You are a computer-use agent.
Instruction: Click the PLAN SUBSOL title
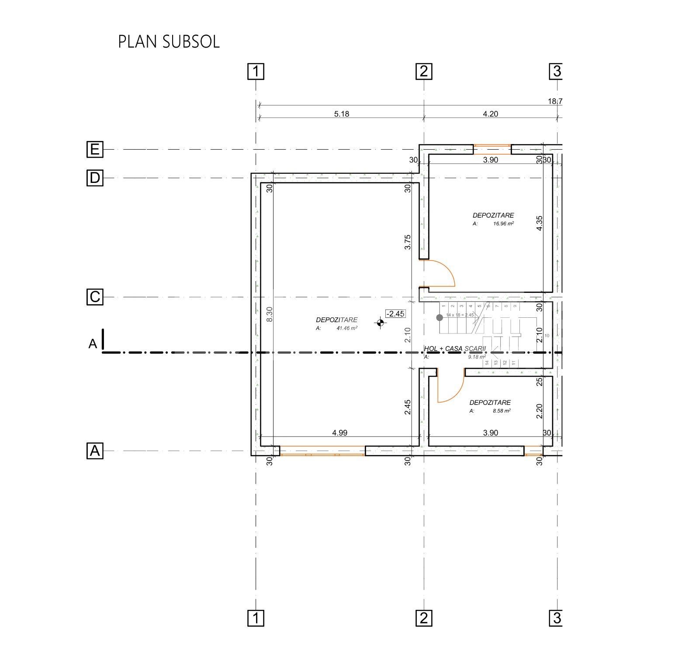click(x=169, y=42)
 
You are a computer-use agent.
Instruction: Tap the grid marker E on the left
click(x=95, y=150)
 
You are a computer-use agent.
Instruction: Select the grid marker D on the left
click(x=95, y=178)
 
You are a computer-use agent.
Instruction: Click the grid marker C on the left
click(x=95, y=297)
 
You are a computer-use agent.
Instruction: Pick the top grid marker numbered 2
click(x=423, y=71)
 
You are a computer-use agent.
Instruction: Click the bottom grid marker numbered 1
click(x=256, y=618)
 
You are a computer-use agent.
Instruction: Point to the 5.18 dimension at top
click(x=342, y=114)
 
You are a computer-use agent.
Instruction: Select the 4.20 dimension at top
click(x=490, y=114)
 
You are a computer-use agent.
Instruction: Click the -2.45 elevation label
click(x=395, y=314)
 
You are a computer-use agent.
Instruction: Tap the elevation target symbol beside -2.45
click(x=380, y=323)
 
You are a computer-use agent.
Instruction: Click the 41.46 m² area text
click(x=347, y=328)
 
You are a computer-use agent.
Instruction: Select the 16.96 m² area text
click(x=503, y=224)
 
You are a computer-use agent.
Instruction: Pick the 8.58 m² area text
click(x=502, y=411)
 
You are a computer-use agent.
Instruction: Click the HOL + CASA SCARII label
click(x=455, y=349)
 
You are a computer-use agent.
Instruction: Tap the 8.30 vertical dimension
click(x=270, y=314)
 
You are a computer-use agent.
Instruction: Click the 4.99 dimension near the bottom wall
click(x=340, y=433)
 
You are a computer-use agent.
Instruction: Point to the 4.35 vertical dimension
click(x=540, y=224)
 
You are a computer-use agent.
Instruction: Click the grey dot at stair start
click(x=440, y=318)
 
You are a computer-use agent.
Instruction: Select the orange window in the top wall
click(x=492, y=150)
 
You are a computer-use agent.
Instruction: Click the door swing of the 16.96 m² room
click(x=442, y=273)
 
